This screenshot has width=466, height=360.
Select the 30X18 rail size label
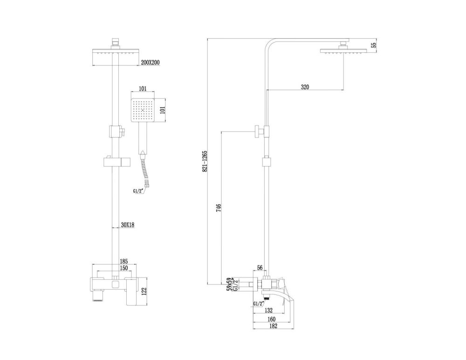pos(128,225)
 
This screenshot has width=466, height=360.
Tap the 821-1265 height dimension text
pos(205,162)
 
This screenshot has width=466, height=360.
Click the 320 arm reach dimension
pos(305,87)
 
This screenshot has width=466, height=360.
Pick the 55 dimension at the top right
pos(373,45)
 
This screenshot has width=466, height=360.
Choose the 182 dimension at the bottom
pos(273,326)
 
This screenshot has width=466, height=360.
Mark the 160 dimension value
pos(272,320)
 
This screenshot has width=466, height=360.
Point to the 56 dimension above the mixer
pos(260,268)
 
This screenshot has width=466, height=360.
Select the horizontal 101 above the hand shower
pos(144,88)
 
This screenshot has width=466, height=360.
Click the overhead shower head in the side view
pos(344,51)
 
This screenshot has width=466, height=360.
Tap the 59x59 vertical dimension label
pos(228,284)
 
